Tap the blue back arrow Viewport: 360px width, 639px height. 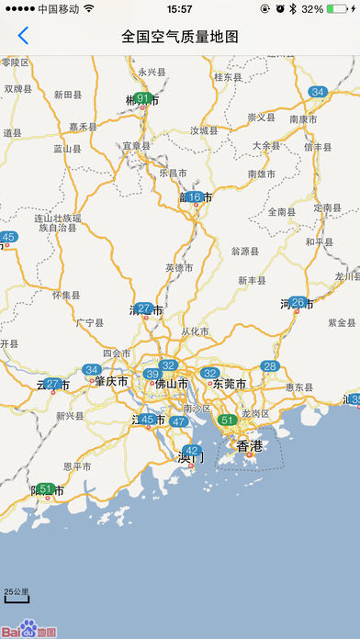coord(23,37)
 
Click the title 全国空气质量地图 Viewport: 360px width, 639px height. coord(180,37)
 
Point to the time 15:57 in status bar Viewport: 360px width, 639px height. coord(180,8)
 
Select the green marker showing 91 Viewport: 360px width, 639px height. coord(142,98)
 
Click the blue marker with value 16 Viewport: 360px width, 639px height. coord(194,196)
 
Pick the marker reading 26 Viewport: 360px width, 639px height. coord(298,301)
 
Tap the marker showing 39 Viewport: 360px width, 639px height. coord(152,374)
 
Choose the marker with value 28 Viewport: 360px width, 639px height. coord(270,365)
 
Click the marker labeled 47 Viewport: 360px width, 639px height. coord(178,421)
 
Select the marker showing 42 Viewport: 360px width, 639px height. coord(192,450)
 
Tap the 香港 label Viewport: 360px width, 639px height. coord(250,446)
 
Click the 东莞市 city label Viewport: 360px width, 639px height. coord(231,384)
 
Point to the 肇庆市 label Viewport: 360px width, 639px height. coord(110,381)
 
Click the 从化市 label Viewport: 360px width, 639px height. coord(196,331)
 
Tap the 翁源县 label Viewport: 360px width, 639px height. coord(245,250)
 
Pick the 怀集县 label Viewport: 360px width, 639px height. coord(66,295)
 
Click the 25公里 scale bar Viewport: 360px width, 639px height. coord(17,595)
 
